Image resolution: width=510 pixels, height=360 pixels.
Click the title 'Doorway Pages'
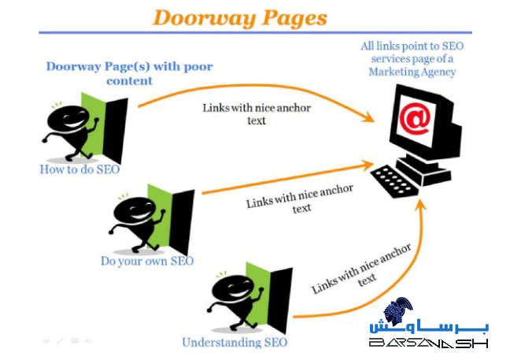click(x=240, y=17)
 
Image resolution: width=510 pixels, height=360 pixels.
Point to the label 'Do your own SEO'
click(x=147, y=261)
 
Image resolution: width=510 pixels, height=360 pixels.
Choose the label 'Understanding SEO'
click(x=235, y=342)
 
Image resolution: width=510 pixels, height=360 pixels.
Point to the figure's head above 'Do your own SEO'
click(x=131, y=211)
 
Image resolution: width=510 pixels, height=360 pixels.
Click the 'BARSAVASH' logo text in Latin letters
click(x=429, y=343)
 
